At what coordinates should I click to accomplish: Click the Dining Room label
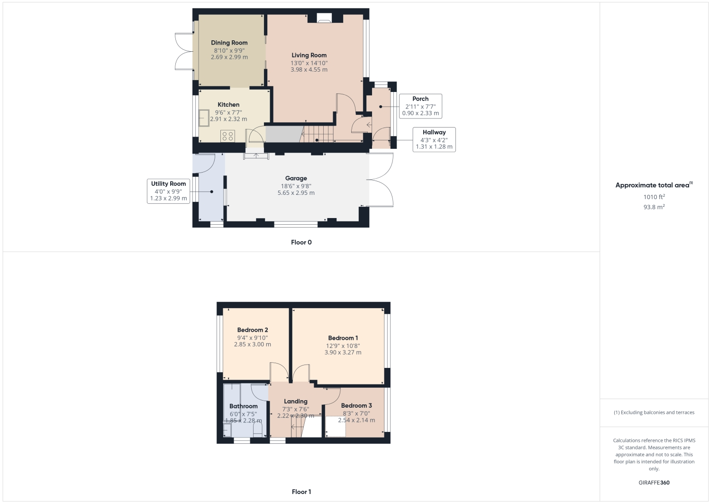pos(229,43)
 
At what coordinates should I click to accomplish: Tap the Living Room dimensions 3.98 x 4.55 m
pos(309,70)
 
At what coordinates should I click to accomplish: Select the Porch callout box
pos(420,106)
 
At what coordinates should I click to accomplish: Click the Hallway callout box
pos(434,139)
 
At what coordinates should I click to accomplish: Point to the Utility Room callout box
pos(168,191)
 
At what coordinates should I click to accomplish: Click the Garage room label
pos(296,178)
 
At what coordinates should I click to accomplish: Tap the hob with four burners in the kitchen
pos(227,136)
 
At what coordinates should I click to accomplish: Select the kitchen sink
pos(204,118)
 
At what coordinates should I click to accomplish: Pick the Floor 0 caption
pos(301,242)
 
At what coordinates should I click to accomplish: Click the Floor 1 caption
pos(301,492)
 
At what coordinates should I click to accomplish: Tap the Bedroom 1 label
pos(343,338)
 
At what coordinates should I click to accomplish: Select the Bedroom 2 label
pos(253,330)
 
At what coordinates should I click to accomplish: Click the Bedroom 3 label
pos(356,405)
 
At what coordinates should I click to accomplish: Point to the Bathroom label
pos(244,406)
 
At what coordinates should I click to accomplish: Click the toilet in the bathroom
pos(257,430)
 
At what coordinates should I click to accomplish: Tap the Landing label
pos(296,401)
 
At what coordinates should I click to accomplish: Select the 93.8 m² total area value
pos(654,207)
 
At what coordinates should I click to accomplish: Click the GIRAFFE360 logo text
pos(654,483)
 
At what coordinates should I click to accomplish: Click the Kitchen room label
pos(228,105)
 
